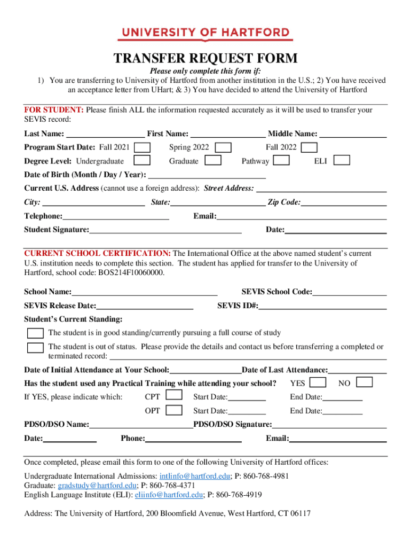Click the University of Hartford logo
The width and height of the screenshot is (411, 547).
tap(205, 34)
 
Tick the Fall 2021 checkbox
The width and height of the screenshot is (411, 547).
tap(142, 147)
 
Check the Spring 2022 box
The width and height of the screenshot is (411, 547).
tap(223, 147)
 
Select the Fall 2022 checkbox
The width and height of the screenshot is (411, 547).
tap(309, 147)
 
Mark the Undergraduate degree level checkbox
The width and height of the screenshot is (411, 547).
tap(141, 160)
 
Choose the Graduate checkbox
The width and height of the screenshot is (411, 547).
tap(214, 160)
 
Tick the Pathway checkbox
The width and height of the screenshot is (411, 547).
tap(281, 160)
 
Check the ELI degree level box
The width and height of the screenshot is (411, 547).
tap(342, 160)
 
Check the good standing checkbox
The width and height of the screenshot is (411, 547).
tap(36, 333)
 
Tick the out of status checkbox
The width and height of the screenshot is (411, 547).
tap(36, 348)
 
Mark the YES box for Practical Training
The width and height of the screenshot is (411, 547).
tap(318, 382)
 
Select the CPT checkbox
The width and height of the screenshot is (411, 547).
tap(174, 396)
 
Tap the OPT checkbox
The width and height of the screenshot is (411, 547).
tap(174, 410)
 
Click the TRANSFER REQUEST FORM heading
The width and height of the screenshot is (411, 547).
tap(205, 59)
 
